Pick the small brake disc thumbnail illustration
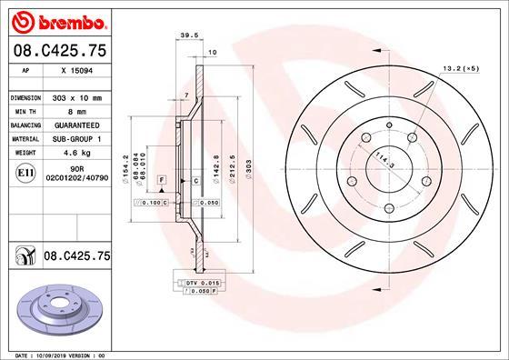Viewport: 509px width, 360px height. click(55, 307)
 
